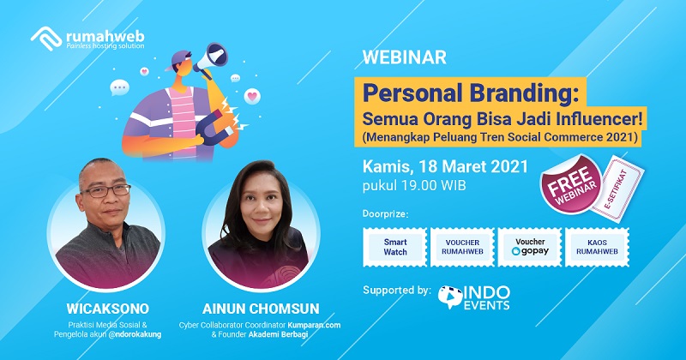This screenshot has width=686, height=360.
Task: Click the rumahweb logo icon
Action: [46, 39]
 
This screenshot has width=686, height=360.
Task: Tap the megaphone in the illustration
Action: [210, 60]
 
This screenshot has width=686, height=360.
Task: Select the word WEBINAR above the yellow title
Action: [404, 57]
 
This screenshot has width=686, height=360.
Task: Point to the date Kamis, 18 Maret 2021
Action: [445, 166]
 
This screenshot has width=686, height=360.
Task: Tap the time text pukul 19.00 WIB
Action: [414, 185]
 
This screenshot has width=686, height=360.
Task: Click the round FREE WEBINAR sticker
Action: [570, 184]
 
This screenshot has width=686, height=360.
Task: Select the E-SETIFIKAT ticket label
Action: [617, 189]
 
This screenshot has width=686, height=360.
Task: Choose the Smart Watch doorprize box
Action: [395, 247]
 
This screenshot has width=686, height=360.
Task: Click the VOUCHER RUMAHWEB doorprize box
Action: [462, 247]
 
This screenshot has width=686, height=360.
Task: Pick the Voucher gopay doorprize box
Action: [530, 247]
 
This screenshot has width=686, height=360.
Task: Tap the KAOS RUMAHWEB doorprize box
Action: [597, 247]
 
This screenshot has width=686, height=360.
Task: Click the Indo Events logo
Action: [474, 298]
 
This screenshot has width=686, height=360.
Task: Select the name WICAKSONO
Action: [108, 309]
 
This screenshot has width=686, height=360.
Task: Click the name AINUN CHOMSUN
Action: [261, 309]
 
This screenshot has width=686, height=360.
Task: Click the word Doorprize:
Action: [385, 214]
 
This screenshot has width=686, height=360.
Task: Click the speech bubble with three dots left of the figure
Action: [119, 87]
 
